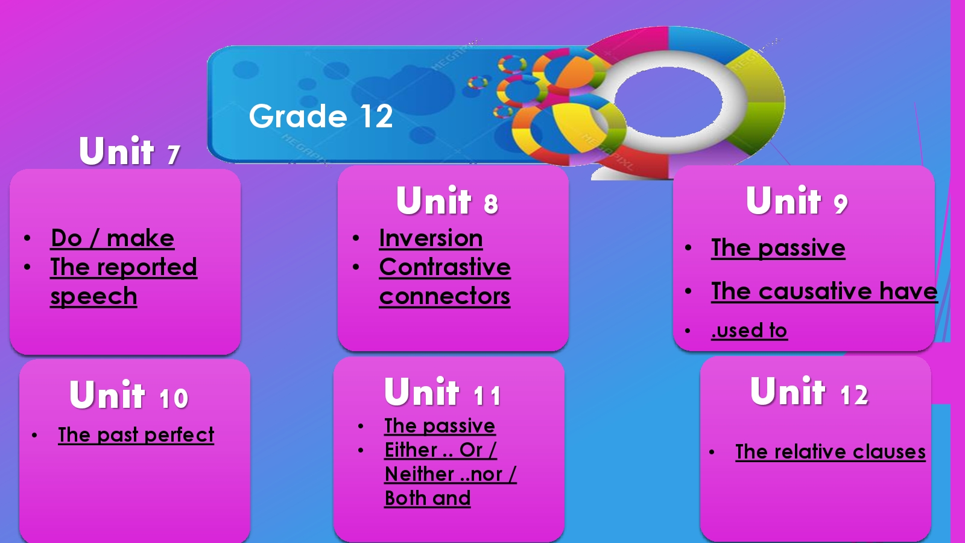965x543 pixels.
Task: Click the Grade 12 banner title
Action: [x=321, y=116]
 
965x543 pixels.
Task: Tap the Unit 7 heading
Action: [x=129, y=150]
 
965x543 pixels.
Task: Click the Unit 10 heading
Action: [x=129, y=395]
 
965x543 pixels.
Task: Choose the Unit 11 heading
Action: [x=443, y=392]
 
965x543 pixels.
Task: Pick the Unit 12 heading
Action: [x=809, y=392]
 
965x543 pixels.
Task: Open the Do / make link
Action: [x=112, y=238]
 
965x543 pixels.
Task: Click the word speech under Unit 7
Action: [x=93, y=297]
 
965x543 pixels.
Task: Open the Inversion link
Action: [x=431, y=238]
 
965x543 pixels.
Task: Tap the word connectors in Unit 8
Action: [x=445, y=296]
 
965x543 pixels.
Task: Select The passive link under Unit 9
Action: [x=778, y=248]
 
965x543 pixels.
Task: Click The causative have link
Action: [x=824, y=292]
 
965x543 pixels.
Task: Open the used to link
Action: [x=750, y=331]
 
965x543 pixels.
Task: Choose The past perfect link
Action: [x=136, y=435]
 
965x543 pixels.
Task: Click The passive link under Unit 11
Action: [x=440, y=426]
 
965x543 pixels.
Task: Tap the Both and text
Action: [x=428, y=498]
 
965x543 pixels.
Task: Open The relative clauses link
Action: [x=831, y=452]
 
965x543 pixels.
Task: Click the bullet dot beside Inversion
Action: [x=356, y=238]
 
